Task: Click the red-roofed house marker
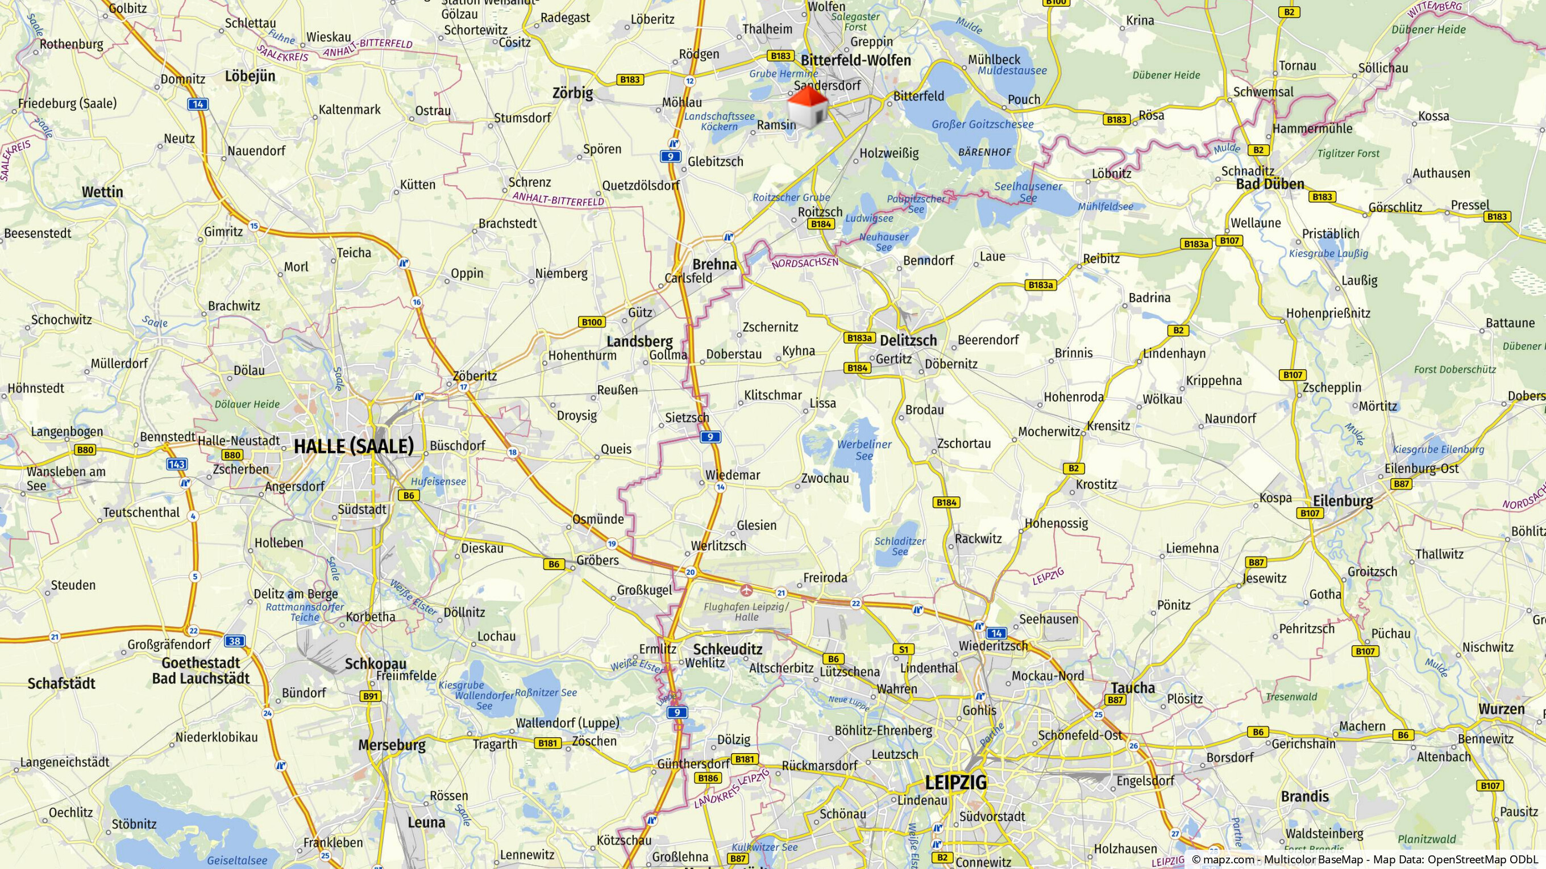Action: pyautogui.click(x=808, y=108)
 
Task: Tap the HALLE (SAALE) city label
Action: pyautogui.click(x=354, y=446)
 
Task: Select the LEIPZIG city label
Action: pyautogui.click(x=955, y=782)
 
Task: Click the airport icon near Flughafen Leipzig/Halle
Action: pyautogui.click(x=747, y=590)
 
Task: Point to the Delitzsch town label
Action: pyautogui.click(x=908, y=341)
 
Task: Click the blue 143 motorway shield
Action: pyautogui.click(x=176, y=463)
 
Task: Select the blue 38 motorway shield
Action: pyautogui.click(x=234, y=641)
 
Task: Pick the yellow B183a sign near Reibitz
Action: pyautogui.click(x=1195, y=244)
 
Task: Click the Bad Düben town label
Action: pyautogui.click(x=1270, y=184)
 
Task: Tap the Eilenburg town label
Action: pyautogui.click(x=1343, y=502)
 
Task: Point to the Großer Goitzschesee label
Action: pyautogui.click(x=983, y=125)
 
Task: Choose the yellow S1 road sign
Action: pyautogui.click(x=903, y=649)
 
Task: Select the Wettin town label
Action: pyautogui.click(x=102, y=192)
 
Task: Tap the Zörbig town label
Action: pyautogui.click(x=572, y=93)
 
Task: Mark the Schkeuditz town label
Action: pyautogui.click(x=728, y=649)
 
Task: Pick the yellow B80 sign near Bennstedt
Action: pyautogui.click(x=85, y=450)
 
